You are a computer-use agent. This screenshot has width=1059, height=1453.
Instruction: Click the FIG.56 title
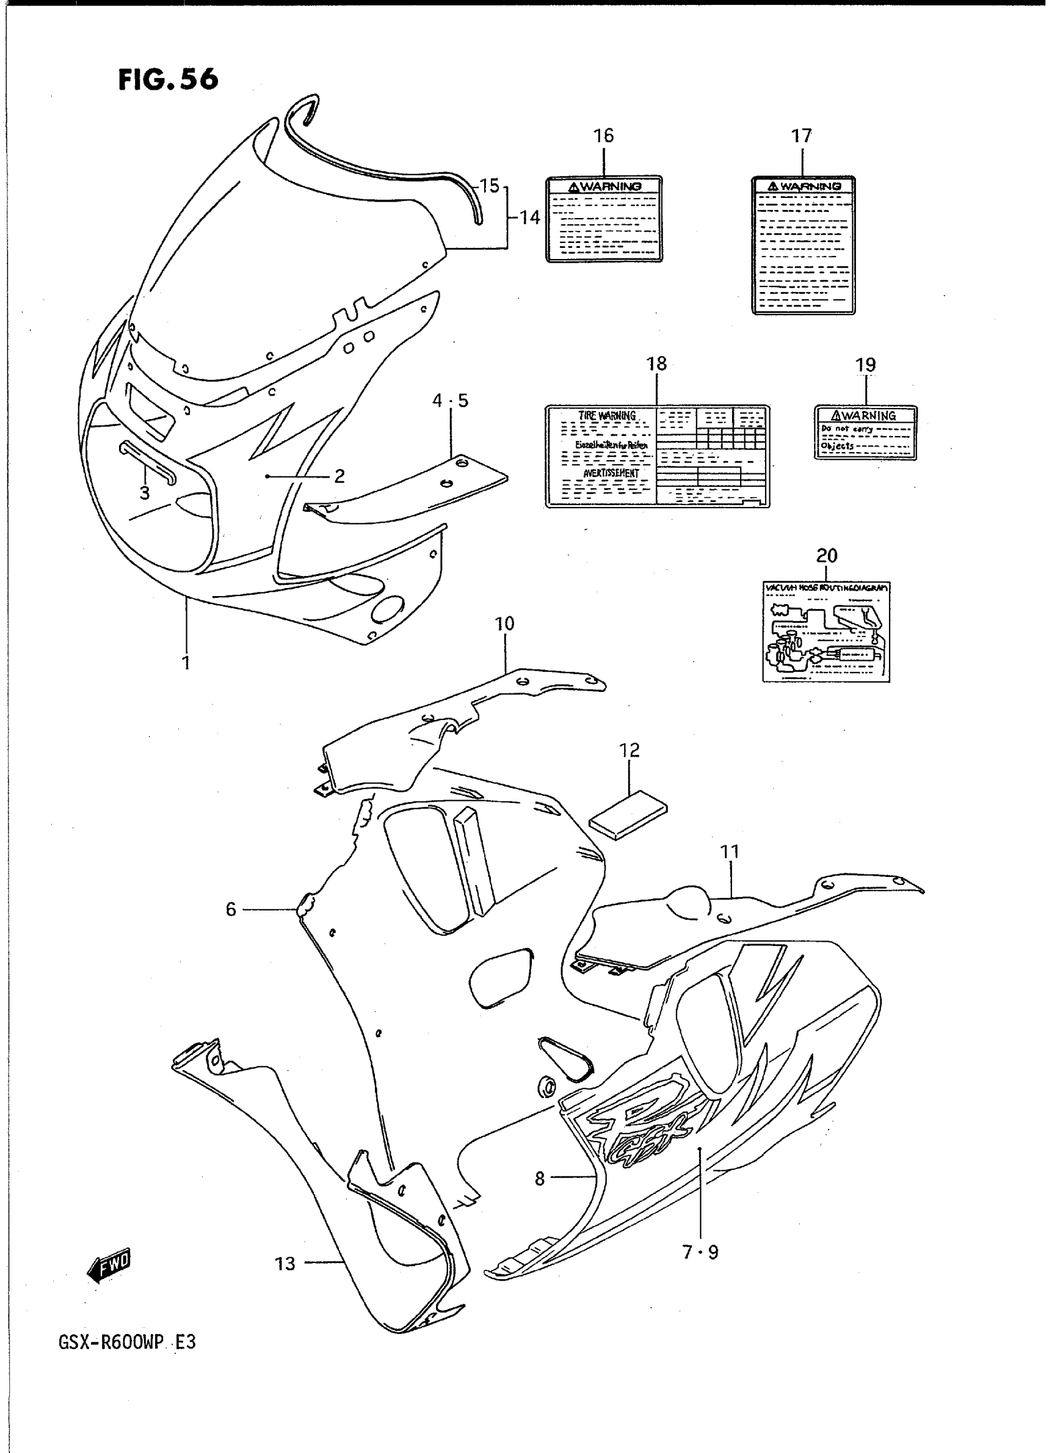click(x=168, y=80)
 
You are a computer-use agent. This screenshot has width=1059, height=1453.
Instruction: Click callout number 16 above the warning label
click(x=603, y=136)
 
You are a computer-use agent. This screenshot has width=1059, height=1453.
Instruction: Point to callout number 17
click(x=801, y=136)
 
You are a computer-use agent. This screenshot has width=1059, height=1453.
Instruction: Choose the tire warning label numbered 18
click(x=657, y=457)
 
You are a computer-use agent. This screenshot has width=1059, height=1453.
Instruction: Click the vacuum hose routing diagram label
click(x=825, y=632)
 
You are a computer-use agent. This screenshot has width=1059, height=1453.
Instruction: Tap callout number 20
click(x=826, y=556)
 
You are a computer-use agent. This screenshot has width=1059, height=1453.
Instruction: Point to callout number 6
click(x=230, y=909)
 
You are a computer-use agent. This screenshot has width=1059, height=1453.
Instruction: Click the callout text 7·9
click(x=701, y=1252)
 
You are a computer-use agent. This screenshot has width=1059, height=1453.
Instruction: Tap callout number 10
click(x=505, y=623)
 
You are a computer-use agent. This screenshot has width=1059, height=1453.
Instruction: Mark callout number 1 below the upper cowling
click(x=186, y=662)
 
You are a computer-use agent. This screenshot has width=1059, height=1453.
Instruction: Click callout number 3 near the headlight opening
click(x=145, y=492)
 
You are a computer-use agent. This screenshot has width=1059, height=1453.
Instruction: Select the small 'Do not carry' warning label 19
click(x=865, y=433)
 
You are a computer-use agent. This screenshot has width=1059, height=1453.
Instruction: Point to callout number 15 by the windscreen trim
click(x=489, y=186)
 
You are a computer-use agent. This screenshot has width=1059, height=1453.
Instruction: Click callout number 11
click(x=729, y=852)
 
